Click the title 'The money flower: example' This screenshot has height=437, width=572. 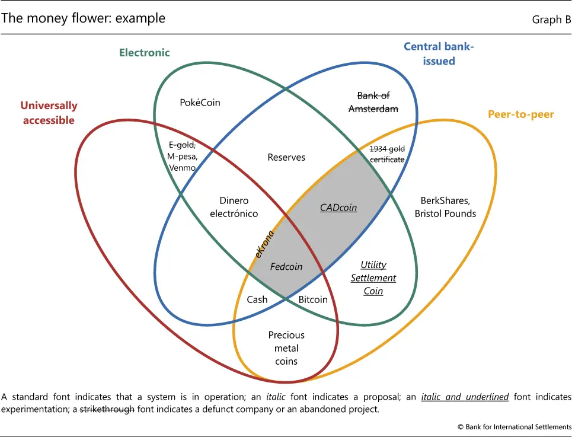83,18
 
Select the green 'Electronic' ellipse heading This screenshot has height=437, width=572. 145,53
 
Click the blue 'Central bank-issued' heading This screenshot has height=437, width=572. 439,53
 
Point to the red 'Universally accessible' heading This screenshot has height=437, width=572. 49,113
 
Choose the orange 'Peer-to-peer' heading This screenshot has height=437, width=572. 520,114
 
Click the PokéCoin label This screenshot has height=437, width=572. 200,103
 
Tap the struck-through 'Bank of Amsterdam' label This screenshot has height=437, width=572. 373,102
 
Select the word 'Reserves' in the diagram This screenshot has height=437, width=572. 286,157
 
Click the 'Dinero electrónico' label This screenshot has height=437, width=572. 234,207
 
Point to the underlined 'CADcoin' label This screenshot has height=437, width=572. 338,208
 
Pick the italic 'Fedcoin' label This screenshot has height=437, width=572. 286,267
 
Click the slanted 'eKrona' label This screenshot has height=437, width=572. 263,244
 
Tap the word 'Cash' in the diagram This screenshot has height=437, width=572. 257,299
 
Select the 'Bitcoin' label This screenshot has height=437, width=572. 313,299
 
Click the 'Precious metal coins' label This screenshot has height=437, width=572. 286,348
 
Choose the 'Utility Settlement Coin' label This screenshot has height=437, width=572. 373,278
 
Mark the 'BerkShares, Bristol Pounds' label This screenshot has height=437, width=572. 445,207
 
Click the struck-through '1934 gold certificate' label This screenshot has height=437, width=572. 387,154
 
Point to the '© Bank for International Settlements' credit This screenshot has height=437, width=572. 514,427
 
